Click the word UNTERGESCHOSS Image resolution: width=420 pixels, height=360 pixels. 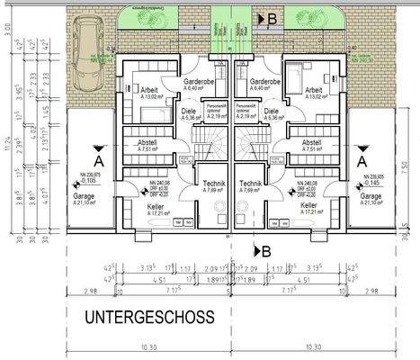click(148, 317)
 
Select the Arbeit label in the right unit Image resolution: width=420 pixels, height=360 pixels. click(313, 91)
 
